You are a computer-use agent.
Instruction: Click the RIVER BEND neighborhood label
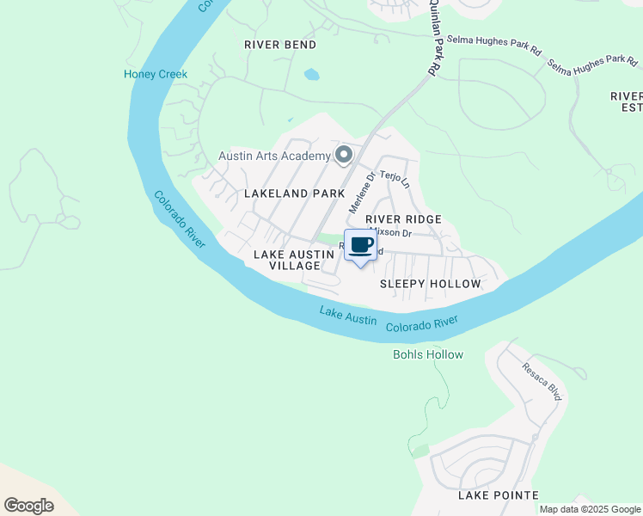point(280,45)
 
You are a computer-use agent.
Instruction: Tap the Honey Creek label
point(156,74)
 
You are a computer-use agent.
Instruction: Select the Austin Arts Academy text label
point(274,156)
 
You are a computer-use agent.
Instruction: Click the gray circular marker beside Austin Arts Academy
point(344,155)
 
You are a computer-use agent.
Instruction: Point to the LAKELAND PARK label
point(294,193)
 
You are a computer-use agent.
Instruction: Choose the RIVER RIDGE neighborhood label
point(403,219)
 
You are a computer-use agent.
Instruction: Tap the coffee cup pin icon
point(361,245)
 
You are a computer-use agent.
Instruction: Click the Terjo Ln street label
point(396,180)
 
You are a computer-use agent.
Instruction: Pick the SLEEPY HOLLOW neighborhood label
point(430,283)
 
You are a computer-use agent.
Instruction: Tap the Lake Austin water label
point(348,315)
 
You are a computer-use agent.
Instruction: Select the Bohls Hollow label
point(428,354)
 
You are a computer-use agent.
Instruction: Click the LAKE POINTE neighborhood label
point(499,494)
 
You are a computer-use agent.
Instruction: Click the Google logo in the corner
point(29,505)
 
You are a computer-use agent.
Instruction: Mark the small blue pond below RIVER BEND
point(311,75)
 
